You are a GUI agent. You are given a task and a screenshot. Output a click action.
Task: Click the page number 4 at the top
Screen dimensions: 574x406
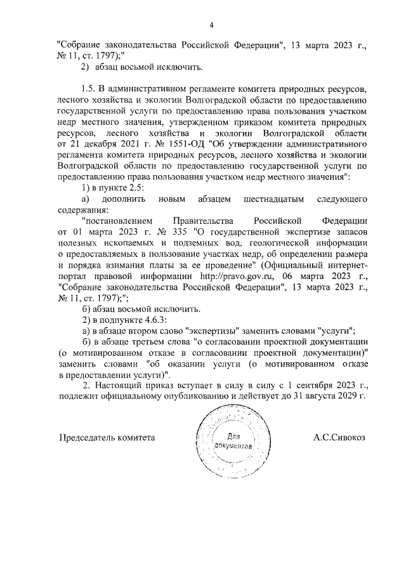point(213,25)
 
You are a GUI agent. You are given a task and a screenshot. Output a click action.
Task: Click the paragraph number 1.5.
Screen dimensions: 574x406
point(89,89)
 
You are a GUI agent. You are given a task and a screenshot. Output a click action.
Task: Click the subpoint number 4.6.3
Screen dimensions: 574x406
point(150,319)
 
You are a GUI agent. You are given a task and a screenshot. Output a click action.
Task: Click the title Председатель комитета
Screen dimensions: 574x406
point(107,438)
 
